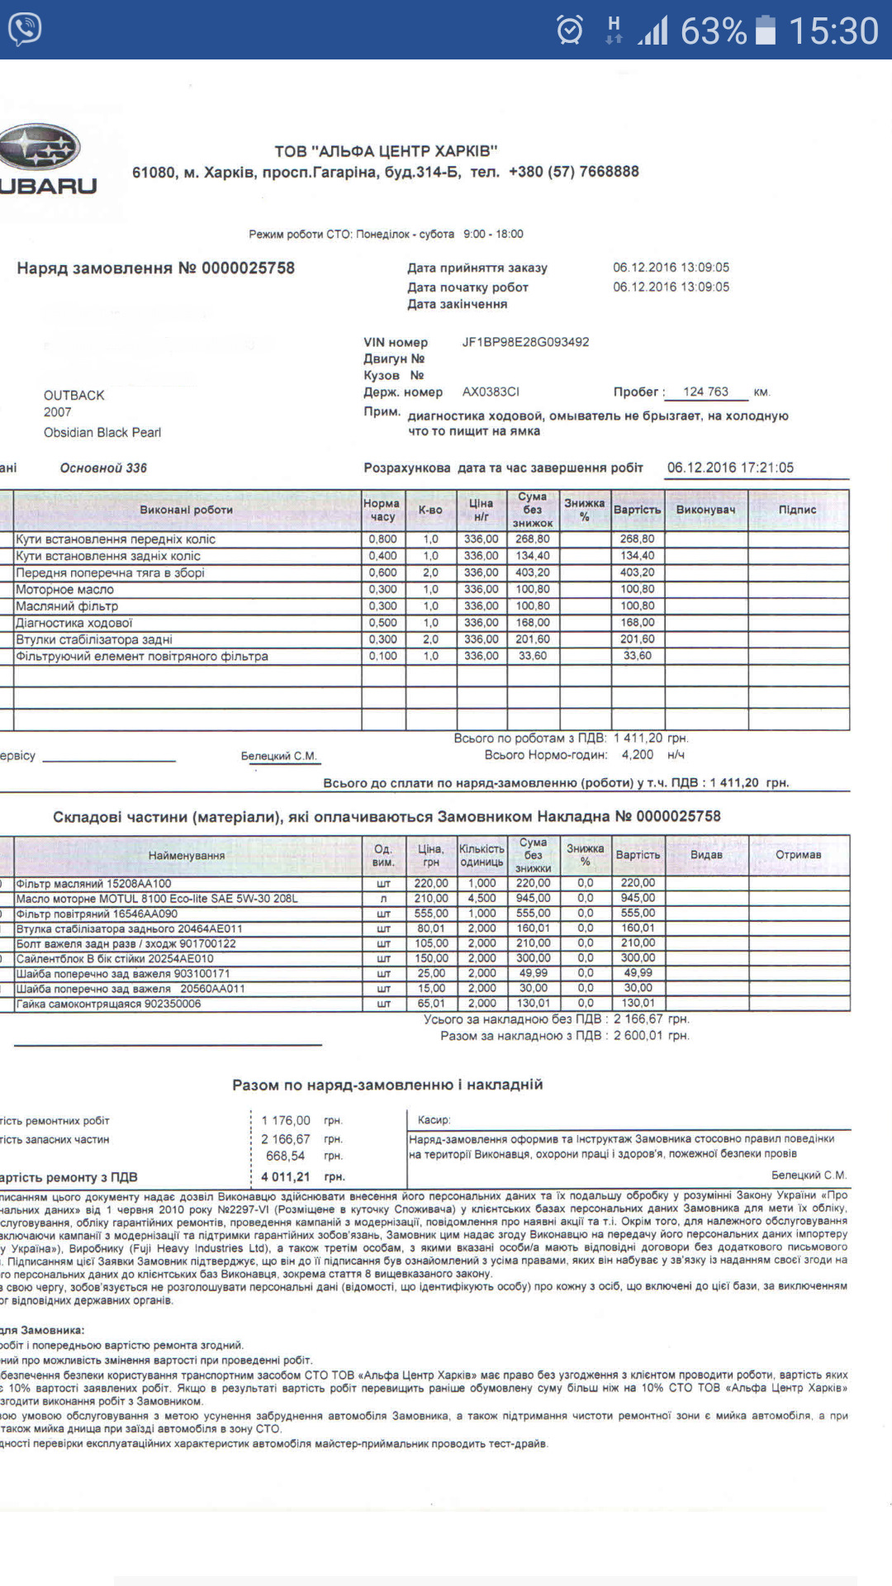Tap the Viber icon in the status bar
pyautogui.click(x=25, y=30)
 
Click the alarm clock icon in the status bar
pyautogui.click(x=570, y=31)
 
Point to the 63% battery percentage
pyautogui.click(x=713, y=31)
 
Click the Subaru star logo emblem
pyautogui.click(x=40, y=149)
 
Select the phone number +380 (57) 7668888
pyautogui.click(x=573, y=172)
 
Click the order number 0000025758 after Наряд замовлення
pyautogui.click(x=248, y=268)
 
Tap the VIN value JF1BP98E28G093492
pyautogui.click(x=525, y=342)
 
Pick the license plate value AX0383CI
pyautogui.click(x=491, y=392)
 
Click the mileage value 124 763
pyautogui.click(x=705, y=392)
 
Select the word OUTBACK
pyautogui.click(x=74, y=395)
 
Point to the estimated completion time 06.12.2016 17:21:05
pyautogui.click(x=730, y=468)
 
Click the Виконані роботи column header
pyautogui.click(x=186, y=510)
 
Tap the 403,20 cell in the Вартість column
pyautogui.click(x=637, y=572)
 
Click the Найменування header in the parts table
pyautogui.click(x=186, y=856)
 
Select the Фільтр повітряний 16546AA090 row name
pyautogui.click(x=97, y=914)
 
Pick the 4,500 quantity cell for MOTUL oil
pyautogui.click(x=482, y=898)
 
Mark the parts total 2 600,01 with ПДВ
pyautogui.click(x=637, y=1036)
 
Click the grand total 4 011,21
pyautogui.click(x=285, y=1176)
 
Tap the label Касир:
pyautogui.click(x=434, y=1120)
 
